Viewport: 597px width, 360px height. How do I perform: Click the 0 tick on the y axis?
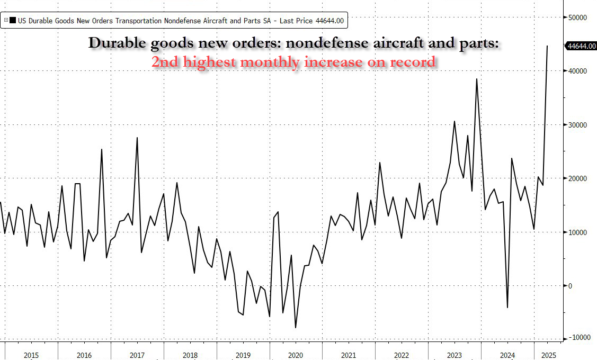[x=570, y=286]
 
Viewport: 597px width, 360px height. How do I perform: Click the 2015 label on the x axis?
[x=31, y=355]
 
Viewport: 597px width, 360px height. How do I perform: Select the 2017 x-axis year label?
[x=137, y=355]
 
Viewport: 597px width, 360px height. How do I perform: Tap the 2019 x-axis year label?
[x=243, y=355]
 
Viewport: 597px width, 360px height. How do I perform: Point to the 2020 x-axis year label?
[x=296, y=355]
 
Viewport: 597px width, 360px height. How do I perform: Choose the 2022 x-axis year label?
[x=401, y=355]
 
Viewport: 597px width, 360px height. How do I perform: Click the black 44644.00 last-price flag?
[x=581, y=46]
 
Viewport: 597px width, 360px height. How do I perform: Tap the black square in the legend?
[x=13, y=21]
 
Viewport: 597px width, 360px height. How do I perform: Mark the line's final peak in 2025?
[x=547, y=46]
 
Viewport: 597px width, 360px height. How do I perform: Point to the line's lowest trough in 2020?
[x=296, y=328]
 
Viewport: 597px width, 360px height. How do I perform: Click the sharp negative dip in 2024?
[x=507, y=308]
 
